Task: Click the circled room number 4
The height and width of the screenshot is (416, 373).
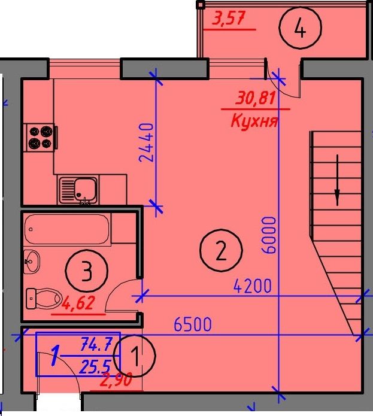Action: [300, 28]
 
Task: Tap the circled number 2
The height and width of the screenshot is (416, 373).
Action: [221, 250]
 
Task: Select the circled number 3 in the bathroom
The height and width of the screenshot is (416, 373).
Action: [86, 271]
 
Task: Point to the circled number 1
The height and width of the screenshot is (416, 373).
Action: [135, 356]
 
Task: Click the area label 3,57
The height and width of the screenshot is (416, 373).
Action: [228, 19]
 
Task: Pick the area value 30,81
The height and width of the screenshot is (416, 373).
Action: [255, 98]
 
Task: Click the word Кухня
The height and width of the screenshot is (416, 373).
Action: [254, 122]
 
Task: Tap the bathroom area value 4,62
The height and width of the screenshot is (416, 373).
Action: [78, 303]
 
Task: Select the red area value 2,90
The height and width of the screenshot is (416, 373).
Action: [116, 380]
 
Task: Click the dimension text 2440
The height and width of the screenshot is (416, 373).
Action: [146, 142]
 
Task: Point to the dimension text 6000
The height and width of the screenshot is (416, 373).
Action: [269, 235]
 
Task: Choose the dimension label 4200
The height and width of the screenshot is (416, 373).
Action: [253, 286]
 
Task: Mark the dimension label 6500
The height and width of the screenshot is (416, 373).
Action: [193, 324]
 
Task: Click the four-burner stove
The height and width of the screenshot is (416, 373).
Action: [41, 137]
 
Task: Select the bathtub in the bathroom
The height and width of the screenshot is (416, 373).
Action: [67, 229]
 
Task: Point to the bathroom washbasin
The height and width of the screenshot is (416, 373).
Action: [32, 262]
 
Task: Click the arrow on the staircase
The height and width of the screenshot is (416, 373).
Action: [337, 180]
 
